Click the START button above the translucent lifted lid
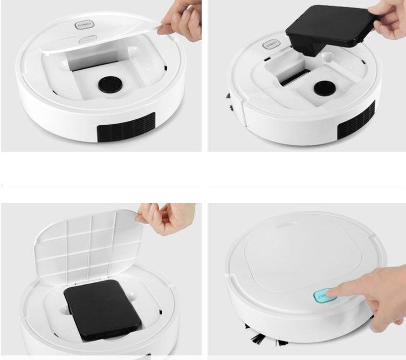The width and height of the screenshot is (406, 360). (84, 25)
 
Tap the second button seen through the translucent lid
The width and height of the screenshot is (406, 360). (86, 40)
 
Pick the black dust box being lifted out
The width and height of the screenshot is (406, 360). (328, 32)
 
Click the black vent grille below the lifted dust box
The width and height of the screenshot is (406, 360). (355, 120)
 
